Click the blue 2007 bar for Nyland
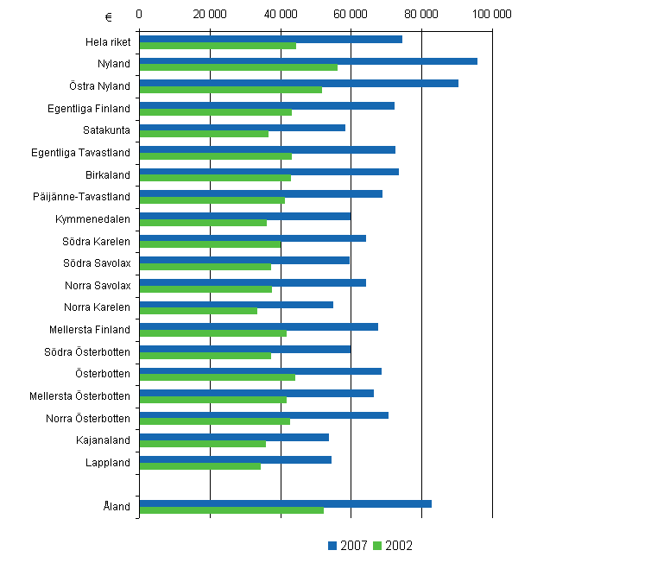[x=308, y=61]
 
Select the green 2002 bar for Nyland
[x=238, y=67]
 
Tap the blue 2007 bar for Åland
[x=285, y=503]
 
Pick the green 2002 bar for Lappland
[x=199, y=466]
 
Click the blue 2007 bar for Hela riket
[x=270, y=39]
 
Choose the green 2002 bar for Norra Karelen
[x=198, y=311]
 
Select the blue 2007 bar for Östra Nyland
[x=299, y=83]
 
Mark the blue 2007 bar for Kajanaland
[x=234, y=437]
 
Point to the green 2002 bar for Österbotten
[x=217, y=377]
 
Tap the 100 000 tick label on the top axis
[x=492, y=15]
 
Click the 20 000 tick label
[x=210, y=15]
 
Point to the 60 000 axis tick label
[x=351, y=15]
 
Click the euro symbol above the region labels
[x=108, y=16]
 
